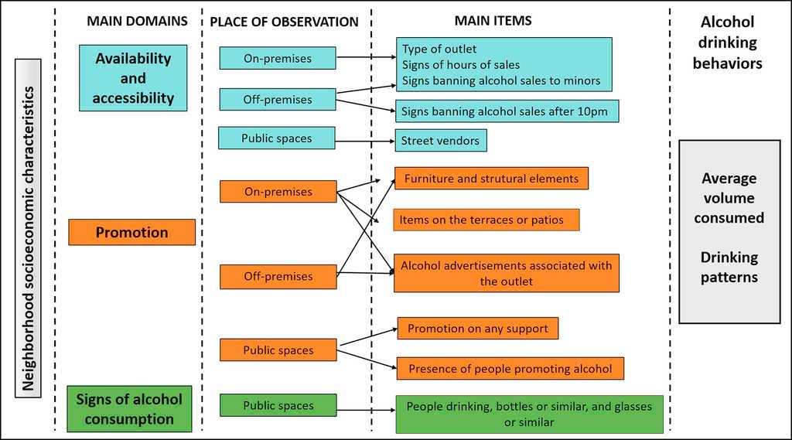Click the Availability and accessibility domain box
click(133, 78)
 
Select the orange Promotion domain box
click(131, 232)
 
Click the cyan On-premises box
click(277, 58)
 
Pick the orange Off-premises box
click(278, 276)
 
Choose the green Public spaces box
click(278, 405)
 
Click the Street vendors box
click(440, 141)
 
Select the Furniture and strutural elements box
click(491, 179)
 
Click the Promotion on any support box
click(477, 329)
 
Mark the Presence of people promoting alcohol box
click(510, 369)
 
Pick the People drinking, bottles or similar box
click(529, 414)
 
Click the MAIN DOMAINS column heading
click(137, 21)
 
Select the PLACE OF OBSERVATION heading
click(284, 22)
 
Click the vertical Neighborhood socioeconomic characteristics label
click(28, 240)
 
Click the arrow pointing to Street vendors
click(365, 141)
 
